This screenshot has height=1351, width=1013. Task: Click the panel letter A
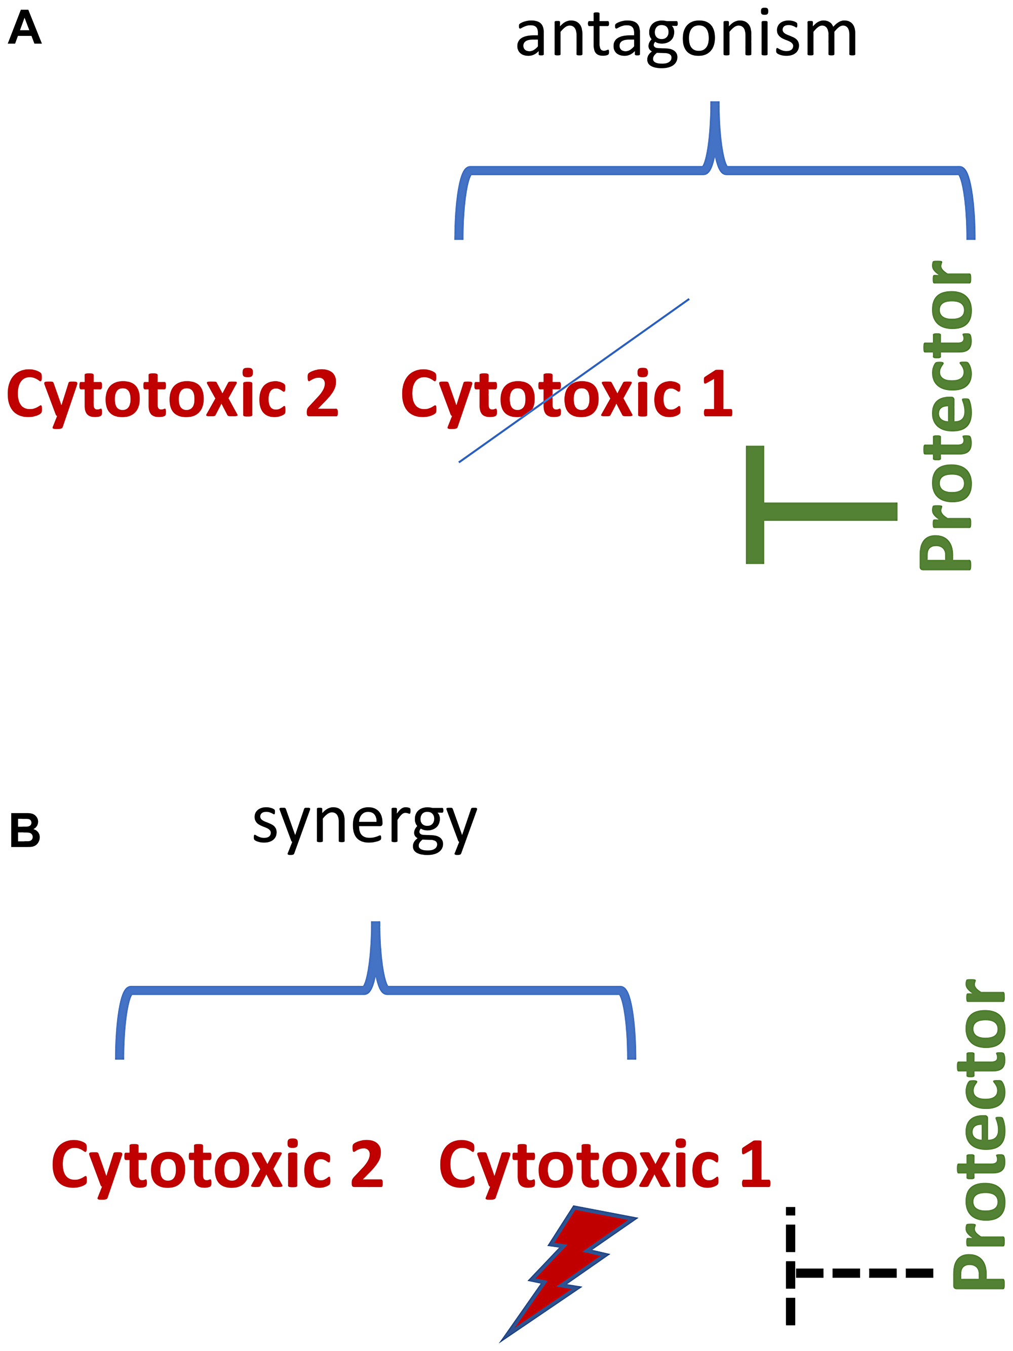click(25, 29)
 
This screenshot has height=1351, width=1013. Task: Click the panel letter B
click(25, 831)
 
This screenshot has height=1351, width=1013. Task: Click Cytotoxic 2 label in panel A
click(172, 395)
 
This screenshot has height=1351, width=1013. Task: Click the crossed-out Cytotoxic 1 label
click(566, 395)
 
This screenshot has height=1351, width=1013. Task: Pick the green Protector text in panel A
click(946, 416)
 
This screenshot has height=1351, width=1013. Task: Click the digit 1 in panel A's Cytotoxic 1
click(718, 394)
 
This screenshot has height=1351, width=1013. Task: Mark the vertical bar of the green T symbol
click(755, 504)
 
